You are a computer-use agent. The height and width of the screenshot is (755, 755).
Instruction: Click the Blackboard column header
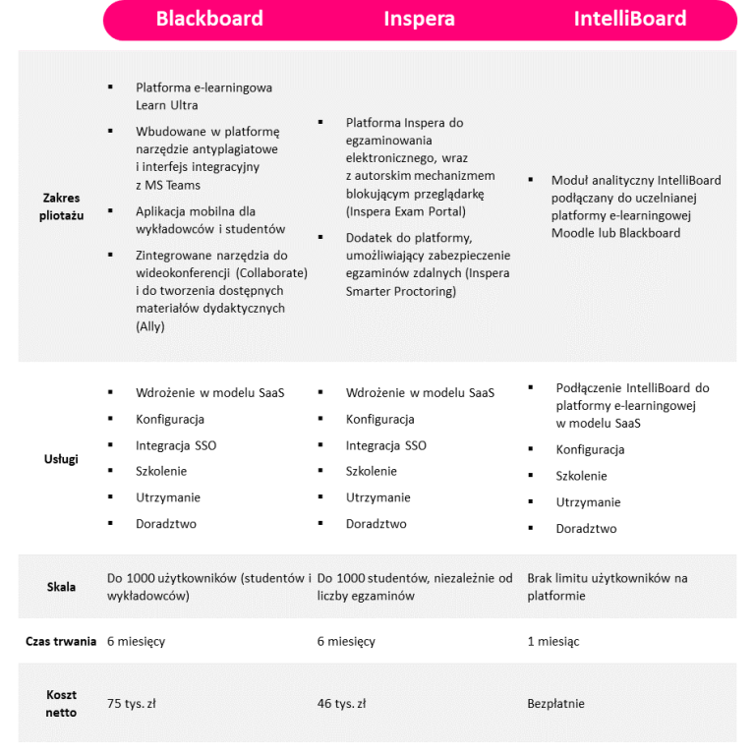click(x=209, y=19)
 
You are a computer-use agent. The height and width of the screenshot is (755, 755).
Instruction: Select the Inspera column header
click(x=419, y=19)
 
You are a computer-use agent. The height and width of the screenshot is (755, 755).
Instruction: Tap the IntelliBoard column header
click(x=630, y=19)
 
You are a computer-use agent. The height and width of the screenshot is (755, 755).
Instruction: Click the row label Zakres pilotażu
click(x=62, y=206)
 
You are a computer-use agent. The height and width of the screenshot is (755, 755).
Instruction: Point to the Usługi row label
click(x=61, y=458)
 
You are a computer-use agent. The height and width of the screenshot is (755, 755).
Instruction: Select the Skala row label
click(x=61, y=587)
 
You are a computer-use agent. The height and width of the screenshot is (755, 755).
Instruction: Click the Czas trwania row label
click(x=61, y=641)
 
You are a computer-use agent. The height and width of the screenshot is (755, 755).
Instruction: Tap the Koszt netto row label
click(x=61, y=703)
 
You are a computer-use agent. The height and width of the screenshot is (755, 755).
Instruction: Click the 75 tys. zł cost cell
click(x=132, y=703)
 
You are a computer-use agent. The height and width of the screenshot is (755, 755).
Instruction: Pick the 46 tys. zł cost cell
click(x=341, y=703)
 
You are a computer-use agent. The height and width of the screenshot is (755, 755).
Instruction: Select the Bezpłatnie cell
click(x=555, y=703)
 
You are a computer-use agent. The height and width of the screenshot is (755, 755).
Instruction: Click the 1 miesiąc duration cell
click(x=553, y=641)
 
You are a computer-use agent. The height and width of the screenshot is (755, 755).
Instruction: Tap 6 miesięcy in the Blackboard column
click(x=136, y=641)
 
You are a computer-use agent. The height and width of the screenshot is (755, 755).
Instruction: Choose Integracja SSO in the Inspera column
click(x=385, y=445)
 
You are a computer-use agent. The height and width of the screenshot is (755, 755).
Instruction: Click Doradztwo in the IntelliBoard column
click(x=586, y=528)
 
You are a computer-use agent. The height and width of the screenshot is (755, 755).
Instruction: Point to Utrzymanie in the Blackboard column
click(x=168, y=497)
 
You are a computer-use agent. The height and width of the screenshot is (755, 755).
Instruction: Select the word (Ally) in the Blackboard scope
click(x=150, y=326)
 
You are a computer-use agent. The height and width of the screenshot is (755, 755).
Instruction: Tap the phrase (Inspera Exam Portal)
click(x=406, y=211)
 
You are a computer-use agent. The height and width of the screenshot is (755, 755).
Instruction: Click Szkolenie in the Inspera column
click(x=371, y=471)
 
